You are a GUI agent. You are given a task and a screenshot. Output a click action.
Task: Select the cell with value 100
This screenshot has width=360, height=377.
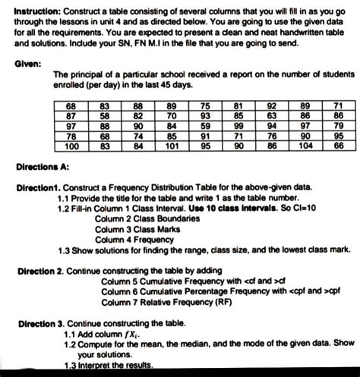tap(72, 146)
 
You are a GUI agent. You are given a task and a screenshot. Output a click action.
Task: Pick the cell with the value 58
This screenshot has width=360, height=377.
tap(106, 115)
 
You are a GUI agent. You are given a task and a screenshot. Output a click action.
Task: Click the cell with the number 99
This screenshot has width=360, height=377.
tap(239, 125)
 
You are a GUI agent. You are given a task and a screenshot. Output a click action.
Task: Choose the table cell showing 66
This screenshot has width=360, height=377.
tap(339, 146)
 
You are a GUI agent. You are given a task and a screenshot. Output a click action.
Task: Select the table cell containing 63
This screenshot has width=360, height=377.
tap(272, 115)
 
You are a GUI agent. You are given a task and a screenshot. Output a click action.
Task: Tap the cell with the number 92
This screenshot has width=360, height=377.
tap(272, 105)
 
